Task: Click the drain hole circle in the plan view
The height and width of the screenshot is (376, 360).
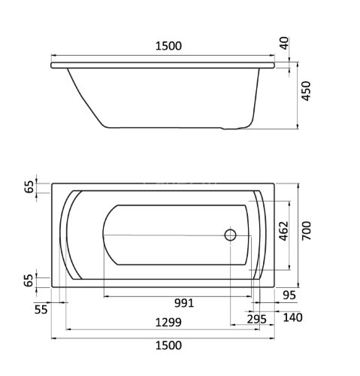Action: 230,235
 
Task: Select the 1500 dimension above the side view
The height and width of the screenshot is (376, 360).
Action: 168,46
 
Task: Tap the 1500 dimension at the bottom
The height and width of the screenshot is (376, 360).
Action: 168,345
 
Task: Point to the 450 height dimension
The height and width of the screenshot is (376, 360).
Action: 306,91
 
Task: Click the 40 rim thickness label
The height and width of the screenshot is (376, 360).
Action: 284,43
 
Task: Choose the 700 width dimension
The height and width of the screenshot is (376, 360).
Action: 306,231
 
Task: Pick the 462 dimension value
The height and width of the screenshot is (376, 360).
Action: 283,231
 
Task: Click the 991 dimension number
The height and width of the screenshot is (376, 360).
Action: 184,303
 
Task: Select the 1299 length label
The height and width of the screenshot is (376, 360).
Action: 168,323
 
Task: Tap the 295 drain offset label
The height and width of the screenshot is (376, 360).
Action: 256,320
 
